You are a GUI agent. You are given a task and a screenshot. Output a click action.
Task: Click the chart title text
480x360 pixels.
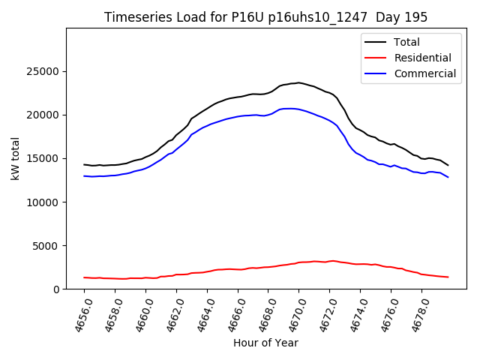(266, 17)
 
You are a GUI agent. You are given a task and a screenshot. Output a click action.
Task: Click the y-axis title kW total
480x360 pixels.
(16, 158)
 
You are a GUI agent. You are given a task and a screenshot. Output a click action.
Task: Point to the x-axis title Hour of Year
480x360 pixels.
(266, 343)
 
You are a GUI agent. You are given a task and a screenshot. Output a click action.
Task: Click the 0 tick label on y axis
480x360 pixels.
(58, 289)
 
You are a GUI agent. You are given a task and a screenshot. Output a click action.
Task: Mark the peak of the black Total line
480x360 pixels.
(298, 82)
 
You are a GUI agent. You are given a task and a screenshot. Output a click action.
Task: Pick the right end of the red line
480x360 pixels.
(448, 277)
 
